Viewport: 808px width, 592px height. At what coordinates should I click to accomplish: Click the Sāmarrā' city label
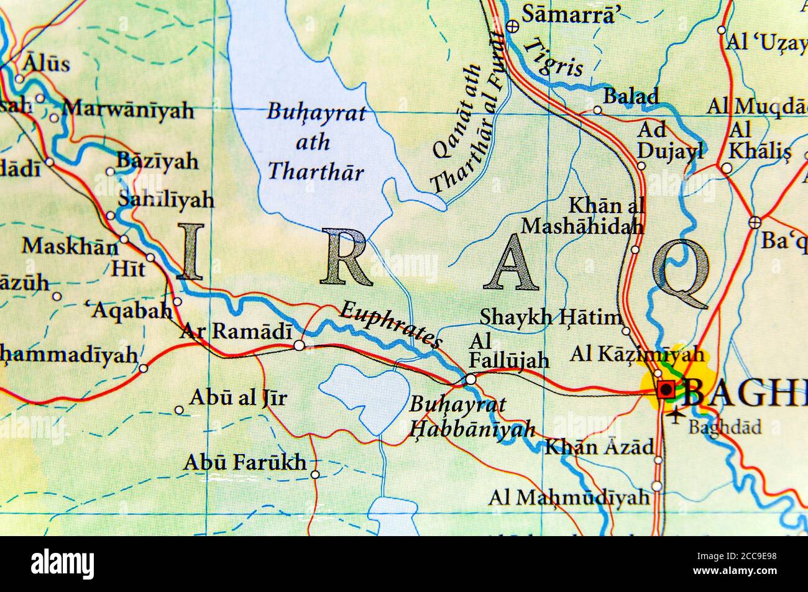coord(568,14)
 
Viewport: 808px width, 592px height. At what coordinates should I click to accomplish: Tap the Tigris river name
coord(553,57)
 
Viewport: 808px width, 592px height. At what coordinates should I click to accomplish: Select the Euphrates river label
coord(391,324)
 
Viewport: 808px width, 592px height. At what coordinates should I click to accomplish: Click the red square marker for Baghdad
coord(666,389)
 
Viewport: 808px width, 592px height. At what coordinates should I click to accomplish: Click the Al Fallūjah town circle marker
coord(471,379)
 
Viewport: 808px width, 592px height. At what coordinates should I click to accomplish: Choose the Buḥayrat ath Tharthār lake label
coord(316,142)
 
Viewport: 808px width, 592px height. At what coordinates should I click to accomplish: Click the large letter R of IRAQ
coord(346,257)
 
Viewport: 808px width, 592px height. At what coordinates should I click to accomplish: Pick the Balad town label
coord(631,96)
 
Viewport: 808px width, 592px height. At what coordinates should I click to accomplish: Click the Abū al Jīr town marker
coord(179,410)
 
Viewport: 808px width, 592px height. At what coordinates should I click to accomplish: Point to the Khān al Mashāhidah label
coord(582,216)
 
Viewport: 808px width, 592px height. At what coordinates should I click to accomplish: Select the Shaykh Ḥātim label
coord(550,317)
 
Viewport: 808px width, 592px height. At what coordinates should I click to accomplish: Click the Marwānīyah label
coord(128,111)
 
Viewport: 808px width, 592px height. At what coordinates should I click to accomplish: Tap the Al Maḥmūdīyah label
coord(568,497)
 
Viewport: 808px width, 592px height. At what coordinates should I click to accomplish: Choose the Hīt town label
coord(127,268)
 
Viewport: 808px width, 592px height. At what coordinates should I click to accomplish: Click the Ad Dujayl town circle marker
coord(641,166)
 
